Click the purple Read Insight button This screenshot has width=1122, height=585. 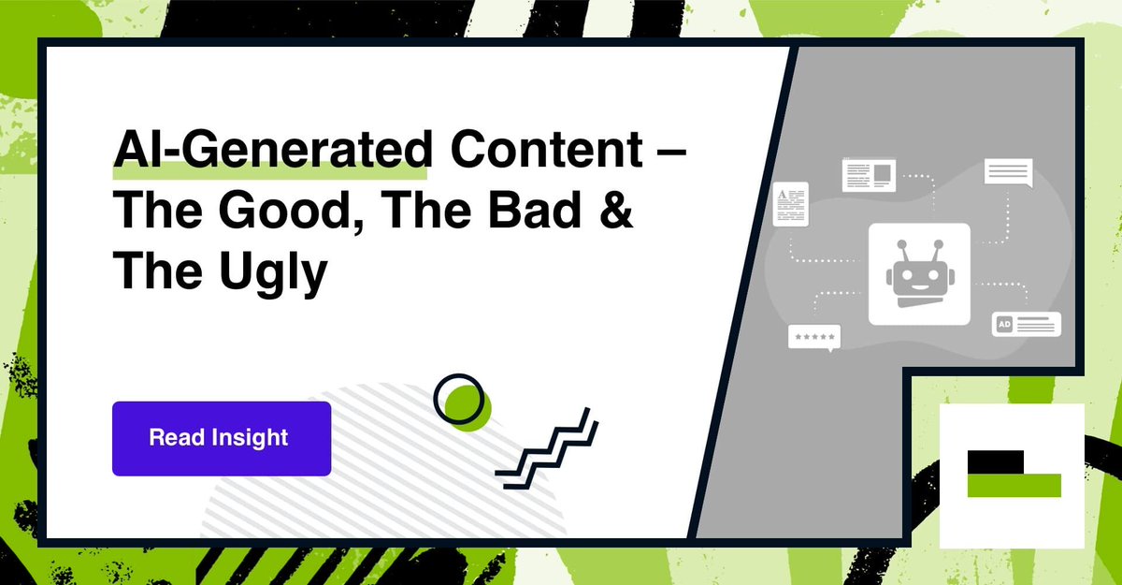pos(222,438)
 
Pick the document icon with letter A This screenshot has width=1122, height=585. pos(790,204)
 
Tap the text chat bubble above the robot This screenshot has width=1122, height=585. pos(1007,174)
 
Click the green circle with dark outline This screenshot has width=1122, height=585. pos(463,400)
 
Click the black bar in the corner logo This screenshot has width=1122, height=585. pos(996,461)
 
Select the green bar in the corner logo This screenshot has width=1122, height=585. pos(1014,485)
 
